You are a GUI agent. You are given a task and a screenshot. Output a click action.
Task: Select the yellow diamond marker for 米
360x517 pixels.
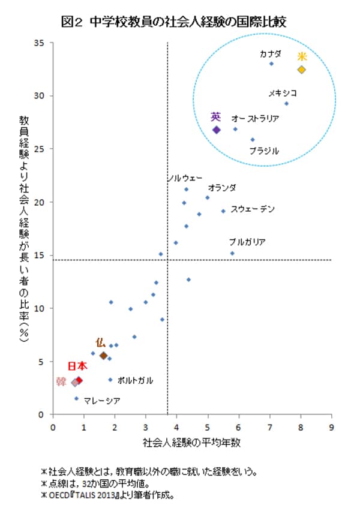point(301,70)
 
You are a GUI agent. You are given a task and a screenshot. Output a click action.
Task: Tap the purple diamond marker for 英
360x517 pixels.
point(217,130)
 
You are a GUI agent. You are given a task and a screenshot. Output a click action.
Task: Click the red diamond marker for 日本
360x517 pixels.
point(79,380)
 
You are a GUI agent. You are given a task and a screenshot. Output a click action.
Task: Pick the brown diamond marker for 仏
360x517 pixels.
point(103,355)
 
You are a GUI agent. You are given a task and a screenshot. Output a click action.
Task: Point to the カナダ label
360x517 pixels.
point(270,53)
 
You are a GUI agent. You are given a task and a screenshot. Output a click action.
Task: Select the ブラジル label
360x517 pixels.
point(264,151)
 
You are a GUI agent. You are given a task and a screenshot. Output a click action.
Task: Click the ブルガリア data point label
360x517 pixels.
point(247,242)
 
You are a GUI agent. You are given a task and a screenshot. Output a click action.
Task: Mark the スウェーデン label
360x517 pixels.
point(253,209)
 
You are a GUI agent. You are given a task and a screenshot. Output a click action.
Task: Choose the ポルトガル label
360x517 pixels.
point(135,380)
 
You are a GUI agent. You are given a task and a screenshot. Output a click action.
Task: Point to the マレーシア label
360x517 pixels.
point(102,400)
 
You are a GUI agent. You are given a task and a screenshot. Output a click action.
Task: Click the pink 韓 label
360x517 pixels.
point(61,381)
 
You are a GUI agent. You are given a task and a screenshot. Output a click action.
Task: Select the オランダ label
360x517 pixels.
point(222,188)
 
